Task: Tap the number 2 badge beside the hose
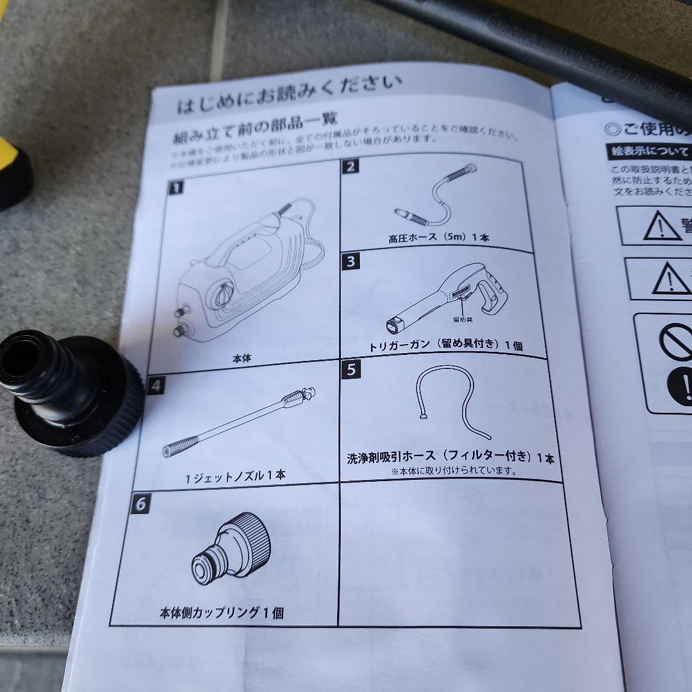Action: [350, 167]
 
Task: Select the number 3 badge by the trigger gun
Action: [352, 261]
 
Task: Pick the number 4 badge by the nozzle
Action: [156, 386]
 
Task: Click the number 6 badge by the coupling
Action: [140, 504]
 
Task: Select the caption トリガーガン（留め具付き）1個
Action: [446, 346]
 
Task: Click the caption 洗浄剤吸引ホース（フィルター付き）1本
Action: [450, 457]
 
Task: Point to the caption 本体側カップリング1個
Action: [221, 613]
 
